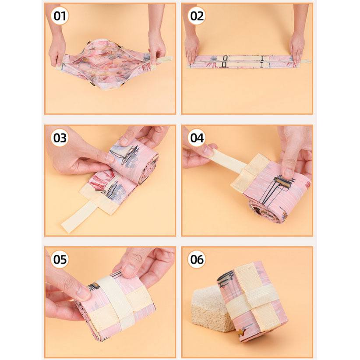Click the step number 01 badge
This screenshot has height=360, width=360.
click(x=60, y=16)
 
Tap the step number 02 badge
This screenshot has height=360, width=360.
click(x=197, y=16)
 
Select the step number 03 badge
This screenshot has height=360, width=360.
click(x=60, y=138)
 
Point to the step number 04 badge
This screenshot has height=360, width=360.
click(x=197, y=138)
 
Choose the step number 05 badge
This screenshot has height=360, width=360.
click(x=60, y=259)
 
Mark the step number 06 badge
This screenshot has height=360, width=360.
click(x=197, y=259)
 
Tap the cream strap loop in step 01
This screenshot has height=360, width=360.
click(x=163, y=60)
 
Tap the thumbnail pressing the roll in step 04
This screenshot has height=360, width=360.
click(x=287, y=173)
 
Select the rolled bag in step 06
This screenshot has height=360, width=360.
click(x=253, y=301)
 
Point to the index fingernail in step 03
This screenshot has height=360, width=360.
click(x=110, y=159)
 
